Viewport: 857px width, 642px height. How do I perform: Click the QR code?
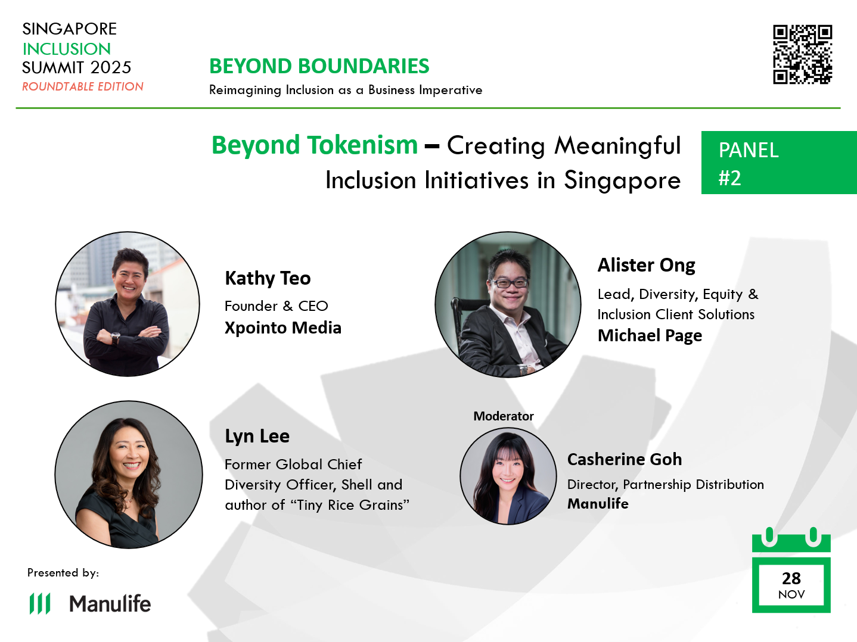point(802,54)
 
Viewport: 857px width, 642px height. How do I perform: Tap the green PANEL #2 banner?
point(778,163)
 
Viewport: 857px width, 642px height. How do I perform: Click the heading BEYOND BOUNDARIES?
point(319,66)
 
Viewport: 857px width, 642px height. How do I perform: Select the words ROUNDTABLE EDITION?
point(83,86)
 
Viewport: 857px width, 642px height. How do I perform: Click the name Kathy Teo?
point(268,278)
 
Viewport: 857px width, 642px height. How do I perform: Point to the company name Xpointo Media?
point(282,328)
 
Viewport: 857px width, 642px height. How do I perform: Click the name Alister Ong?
point(646,265)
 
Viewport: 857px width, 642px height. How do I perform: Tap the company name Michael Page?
point(650,335)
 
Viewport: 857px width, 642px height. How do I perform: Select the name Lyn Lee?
point(257,436)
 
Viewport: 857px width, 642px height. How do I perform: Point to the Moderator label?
point(503,416)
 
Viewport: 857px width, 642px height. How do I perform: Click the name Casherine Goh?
point(624,459)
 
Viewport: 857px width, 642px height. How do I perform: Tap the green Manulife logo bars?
point(40,603)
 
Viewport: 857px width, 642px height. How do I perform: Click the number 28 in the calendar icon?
point(791,578)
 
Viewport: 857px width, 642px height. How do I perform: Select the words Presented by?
point(63,572)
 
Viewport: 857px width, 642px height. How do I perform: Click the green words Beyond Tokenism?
point(315,145)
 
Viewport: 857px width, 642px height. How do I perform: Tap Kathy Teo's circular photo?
point(128,304)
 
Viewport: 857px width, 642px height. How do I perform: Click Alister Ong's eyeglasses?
point(508,282)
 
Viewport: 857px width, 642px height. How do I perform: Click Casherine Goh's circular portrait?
point(508,476)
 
